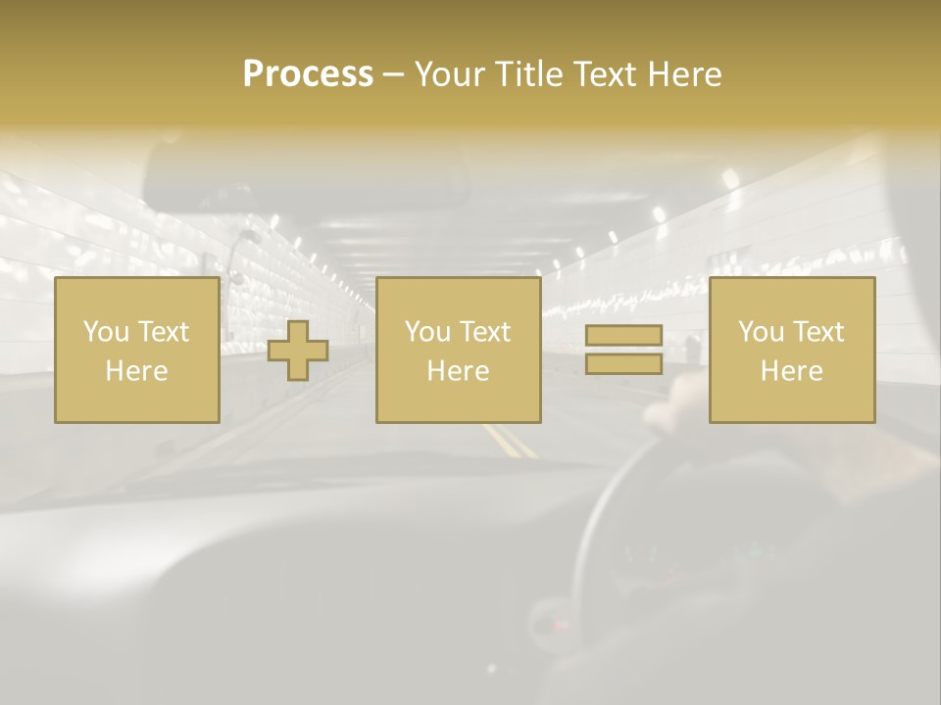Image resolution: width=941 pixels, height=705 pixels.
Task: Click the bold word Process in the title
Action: tap(308, 74)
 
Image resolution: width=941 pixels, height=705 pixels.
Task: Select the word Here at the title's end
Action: tap(683, 74)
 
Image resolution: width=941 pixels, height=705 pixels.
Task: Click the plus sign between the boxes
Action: tap(298, 351)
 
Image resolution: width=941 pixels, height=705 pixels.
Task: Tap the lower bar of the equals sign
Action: tap(623, 363)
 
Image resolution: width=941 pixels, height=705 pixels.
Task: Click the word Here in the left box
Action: tap(136, 371)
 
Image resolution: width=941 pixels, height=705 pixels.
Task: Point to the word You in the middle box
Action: tap(427, 332)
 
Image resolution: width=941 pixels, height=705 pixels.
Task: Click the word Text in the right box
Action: tap(818, 332)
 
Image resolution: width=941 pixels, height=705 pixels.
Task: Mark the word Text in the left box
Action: tap(164, 332)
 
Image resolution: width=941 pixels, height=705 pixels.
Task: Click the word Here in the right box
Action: tap(791, 371)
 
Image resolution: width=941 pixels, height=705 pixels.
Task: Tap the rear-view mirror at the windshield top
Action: tap(304, 176)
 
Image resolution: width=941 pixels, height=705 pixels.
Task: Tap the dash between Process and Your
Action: tap(393, 75)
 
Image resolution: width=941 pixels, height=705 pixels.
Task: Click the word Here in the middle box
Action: tap(458, 371)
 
